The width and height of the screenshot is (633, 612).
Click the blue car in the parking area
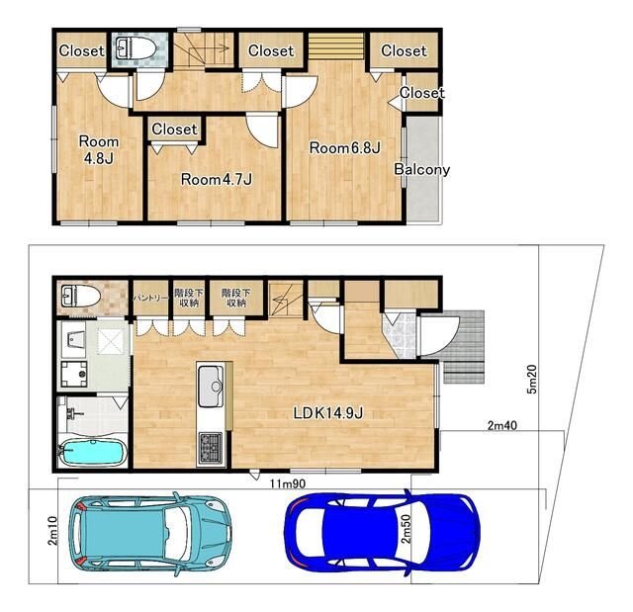383,532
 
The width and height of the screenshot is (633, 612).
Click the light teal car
150,533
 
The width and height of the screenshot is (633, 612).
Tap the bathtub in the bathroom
93,453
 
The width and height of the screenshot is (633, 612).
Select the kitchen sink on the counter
211,386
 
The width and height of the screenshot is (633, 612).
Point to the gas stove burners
210,447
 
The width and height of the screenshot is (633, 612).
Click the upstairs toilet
136,48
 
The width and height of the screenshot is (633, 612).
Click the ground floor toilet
80,296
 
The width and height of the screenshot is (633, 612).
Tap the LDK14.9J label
328,412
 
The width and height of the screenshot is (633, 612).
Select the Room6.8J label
345,147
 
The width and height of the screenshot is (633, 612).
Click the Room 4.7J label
217,179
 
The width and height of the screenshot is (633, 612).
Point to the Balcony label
422,169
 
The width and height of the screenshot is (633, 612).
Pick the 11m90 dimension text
288,483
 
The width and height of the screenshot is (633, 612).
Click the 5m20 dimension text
532,379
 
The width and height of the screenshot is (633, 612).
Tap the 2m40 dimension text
502,425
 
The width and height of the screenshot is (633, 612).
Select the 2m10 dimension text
52,531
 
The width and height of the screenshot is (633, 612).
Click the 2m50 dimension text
407,529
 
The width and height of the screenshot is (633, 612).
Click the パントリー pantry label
150,299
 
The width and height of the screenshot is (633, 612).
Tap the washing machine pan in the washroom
74,374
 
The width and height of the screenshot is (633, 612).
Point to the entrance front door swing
439,335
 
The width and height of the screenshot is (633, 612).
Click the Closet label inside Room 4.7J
174,130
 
